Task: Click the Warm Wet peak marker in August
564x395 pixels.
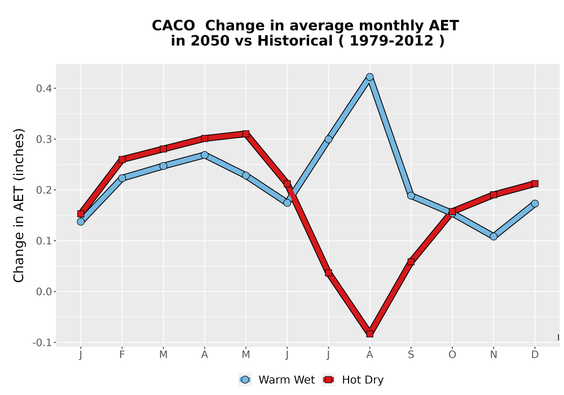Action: point(369,77)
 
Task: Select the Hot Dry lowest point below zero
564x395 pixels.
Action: point(369,333)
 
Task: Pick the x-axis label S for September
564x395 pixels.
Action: point(411,355)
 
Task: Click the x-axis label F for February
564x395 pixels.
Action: point(122,355)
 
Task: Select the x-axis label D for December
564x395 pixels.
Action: point(535,355)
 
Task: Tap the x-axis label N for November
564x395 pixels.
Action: point(493,355)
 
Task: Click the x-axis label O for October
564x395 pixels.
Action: point(452,355)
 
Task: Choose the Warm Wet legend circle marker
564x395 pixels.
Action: point(245,380)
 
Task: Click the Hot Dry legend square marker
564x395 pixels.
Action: point(328,380)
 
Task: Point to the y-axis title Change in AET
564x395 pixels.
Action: point(19,205)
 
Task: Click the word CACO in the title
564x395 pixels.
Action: point(173,26)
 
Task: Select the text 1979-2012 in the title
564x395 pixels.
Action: point(391,41)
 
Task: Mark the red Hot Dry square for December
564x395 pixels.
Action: point(535,184)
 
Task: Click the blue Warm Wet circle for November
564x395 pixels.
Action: point(493,236)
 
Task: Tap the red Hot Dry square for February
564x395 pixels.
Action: point(122,159)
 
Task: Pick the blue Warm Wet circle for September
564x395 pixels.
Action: point(411,196)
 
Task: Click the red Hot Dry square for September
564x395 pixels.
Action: point(411,261)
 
